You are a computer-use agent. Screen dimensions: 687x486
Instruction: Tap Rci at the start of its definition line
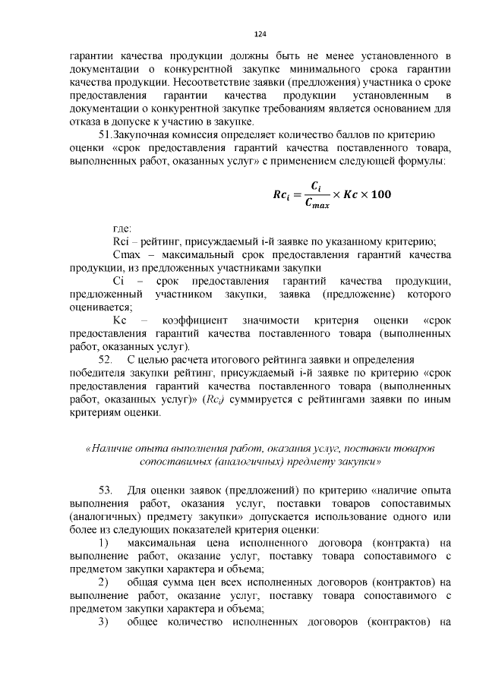click(121, 241)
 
